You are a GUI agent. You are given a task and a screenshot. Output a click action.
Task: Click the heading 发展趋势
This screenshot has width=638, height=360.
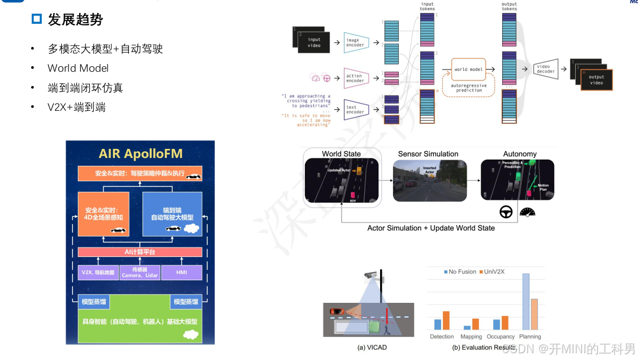pos(75,20)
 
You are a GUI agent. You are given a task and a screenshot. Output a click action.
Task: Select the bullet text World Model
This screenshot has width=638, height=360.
pos(77,68)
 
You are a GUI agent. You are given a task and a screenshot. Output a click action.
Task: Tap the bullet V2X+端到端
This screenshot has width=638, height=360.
pos(76,107)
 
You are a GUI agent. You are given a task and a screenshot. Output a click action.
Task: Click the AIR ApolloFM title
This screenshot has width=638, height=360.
pos(140,153)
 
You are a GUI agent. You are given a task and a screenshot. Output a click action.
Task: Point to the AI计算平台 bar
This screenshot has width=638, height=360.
pos(140,252)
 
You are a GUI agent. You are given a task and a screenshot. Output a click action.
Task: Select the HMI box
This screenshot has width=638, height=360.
pos(181,272)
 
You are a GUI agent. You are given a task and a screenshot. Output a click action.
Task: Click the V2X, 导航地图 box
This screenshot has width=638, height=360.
pos(98,272)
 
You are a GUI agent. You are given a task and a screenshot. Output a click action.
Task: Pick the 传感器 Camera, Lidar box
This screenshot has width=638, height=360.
pos(140,272)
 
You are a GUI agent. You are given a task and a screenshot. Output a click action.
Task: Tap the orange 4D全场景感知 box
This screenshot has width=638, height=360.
pos(104,213)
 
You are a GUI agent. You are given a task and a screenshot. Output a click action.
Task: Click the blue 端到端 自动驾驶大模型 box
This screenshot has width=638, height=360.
pos(172,213)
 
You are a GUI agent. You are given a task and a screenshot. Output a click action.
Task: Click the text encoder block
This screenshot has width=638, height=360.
pos(356,109)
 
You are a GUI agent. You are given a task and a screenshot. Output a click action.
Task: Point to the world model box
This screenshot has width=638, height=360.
pos(469,69)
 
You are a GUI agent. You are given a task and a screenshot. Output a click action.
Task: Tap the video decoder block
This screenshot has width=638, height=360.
pos(545,69)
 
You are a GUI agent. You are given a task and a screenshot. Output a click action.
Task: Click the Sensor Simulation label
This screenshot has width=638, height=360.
pos(428,154)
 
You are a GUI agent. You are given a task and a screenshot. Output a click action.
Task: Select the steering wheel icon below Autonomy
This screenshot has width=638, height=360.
pos(505,212)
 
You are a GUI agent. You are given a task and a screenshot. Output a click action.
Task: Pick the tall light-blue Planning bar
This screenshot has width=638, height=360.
pos(525,302)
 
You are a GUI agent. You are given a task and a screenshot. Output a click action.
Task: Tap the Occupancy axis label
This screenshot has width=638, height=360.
pos(501,337)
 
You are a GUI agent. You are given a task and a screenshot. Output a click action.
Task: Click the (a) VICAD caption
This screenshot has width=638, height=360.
pos(372,347)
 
